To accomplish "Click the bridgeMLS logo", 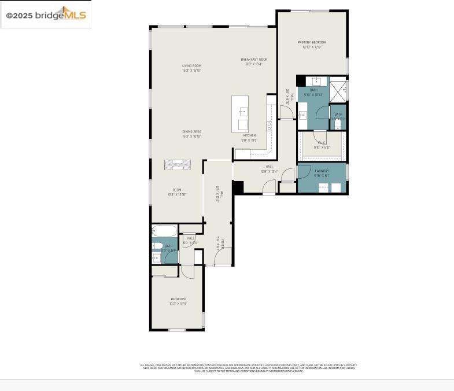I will (x=46, y=14).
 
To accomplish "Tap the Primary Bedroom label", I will (x=312, y=42).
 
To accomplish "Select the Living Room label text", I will (x=191, y=66).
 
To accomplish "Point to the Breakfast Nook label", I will (x=254, y=60).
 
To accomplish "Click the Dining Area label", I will (x=191, y=132).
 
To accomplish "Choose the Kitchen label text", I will (x=249, y=136).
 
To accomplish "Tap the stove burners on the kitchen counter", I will (x=270, y=125).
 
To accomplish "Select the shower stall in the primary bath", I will (x=338, y=88).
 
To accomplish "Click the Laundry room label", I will (x=322, y=171).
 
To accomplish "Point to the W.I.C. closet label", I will (x=321, y=142).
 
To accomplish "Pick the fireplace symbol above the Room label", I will (x=176, y=164).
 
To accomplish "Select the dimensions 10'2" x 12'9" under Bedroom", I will (x=178, y=304).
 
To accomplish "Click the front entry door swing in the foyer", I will (x=224, y=257).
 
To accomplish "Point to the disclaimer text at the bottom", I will (x=249, y=367).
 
